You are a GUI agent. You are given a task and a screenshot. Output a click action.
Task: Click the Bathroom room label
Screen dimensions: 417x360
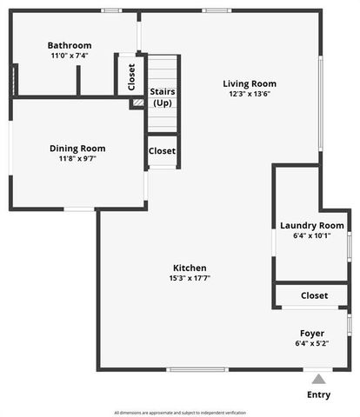click(70, 45)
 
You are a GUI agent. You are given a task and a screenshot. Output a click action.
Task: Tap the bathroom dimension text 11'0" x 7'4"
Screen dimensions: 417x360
click(70, 56)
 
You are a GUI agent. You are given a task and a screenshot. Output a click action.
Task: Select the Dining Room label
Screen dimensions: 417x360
click(77, 148)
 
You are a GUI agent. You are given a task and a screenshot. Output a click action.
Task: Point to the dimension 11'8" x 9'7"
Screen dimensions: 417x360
click(77, 159)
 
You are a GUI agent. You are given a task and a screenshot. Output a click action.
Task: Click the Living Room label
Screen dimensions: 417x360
click(250, 83)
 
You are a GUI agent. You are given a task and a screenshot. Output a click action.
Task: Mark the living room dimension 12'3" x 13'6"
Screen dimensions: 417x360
click(250, 94)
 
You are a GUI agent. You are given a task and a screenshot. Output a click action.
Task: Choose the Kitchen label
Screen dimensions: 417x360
click(190, 268)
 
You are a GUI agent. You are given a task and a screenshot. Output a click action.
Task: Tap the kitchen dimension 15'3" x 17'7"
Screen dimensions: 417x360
click(190, 279)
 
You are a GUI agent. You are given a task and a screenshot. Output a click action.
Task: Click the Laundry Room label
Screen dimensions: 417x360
click(311, 226)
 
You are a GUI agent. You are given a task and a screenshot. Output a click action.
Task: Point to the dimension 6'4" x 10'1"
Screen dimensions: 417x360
click(311, 235)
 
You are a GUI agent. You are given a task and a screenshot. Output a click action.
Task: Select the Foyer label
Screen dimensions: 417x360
click(312, 333)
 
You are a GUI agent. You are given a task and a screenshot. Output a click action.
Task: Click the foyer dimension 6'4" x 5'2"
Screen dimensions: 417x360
click(312, 343)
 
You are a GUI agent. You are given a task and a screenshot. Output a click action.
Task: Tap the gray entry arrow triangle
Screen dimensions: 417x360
click(319, 379)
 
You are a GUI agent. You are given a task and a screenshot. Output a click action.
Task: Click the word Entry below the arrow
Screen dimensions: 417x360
click(319, 395)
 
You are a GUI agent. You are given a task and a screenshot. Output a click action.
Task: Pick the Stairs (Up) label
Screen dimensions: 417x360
click(163, 96)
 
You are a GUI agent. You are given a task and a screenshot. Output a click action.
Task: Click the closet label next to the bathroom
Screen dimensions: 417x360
click(131, 77)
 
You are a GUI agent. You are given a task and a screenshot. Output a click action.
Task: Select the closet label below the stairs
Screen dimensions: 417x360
click(163, 150)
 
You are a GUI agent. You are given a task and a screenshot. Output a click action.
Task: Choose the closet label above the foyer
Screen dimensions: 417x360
click(314, 295)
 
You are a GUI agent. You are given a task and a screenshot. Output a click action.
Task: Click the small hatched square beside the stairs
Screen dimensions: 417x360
click(137, 103)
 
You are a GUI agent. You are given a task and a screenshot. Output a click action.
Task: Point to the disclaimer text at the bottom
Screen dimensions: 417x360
click(180, 412)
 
